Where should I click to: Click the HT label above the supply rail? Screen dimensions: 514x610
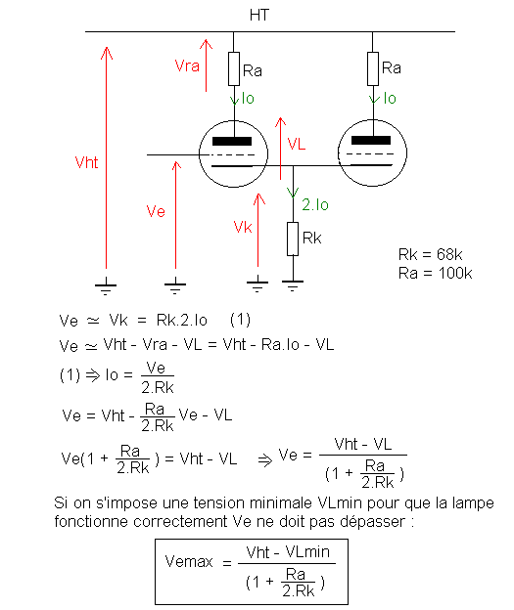[259, 16]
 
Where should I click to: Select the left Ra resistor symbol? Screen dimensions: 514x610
[234, 68]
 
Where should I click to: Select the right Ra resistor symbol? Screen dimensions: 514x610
[373, 68]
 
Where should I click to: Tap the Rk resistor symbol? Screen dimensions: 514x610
[293, 239]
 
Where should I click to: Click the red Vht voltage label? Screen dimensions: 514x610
[86, 162]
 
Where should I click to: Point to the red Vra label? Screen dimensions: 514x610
[187, 65]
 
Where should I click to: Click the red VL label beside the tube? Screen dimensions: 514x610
[297, 144]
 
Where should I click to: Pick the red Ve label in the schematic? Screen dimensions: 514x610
[156, 211]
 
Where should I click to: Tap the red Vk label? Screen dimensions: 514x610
[243, 227]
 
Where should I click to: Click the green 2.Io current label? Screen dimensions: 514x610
[315, 204]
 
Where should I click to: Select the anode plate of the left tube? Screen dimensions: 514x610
[232, 141]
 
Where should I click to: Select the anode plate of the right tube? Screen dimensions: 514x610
[371, 141]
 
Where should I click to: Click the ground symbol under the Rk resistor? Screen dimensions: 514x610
[293, 285]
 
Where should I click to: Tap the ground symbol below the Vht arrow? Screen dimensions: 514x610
[106, 288]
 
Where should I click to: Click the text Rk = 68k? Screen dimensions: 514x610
[430, 255]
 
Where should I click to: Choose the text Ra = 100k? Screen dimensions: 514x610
[436, 273]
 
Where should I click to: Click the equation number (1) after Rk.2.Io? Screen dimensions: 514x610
[240, 320]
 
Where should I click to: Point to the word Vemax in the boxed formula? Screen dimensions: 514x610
[189, 561]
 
